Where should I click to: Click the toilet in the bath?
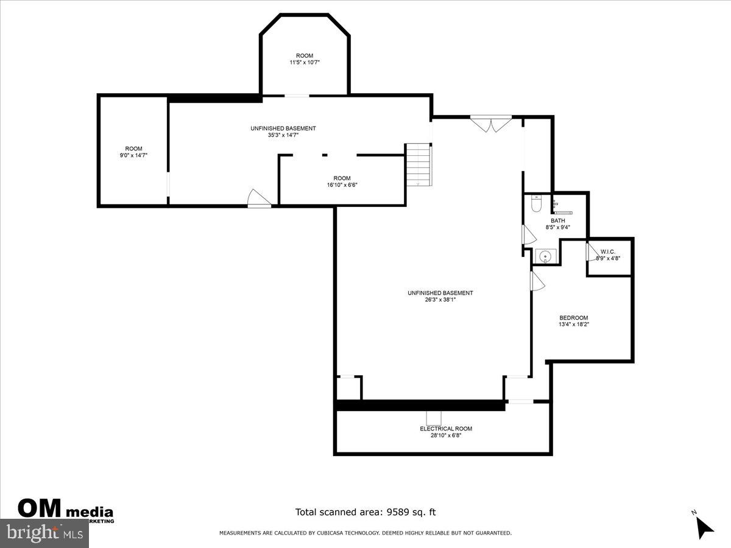(x=536, y=204)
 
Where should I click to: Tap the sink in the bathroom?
(x=545, y=256)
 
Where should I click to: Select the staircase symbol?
(x=418, y=164)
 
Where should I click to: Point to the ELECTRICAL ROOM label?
(x=445, y=429)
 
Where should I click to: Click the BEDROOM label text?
(x=574, y=318)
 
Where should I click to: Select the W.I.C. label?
(x=608, y=251)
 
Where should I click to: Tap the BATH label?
(x=557, y=220)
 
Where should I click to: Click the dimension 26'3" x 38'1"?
(x=440, y=300)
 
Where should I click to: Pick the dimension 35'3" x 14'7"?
(x=283, y=135)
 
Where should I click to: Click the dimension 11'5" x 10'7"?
(x=305, y=62)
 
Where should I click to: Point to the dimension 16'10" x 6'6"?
(x=342, y=185)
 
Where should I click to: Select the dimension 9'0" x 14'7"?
(x=133, y=156)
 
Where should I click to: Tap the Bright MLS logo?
(x=44, y=533)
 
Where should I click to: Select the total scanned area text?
(x=365, y=512)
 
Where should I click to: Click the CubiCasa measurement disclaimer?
(x=365, y=533)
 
